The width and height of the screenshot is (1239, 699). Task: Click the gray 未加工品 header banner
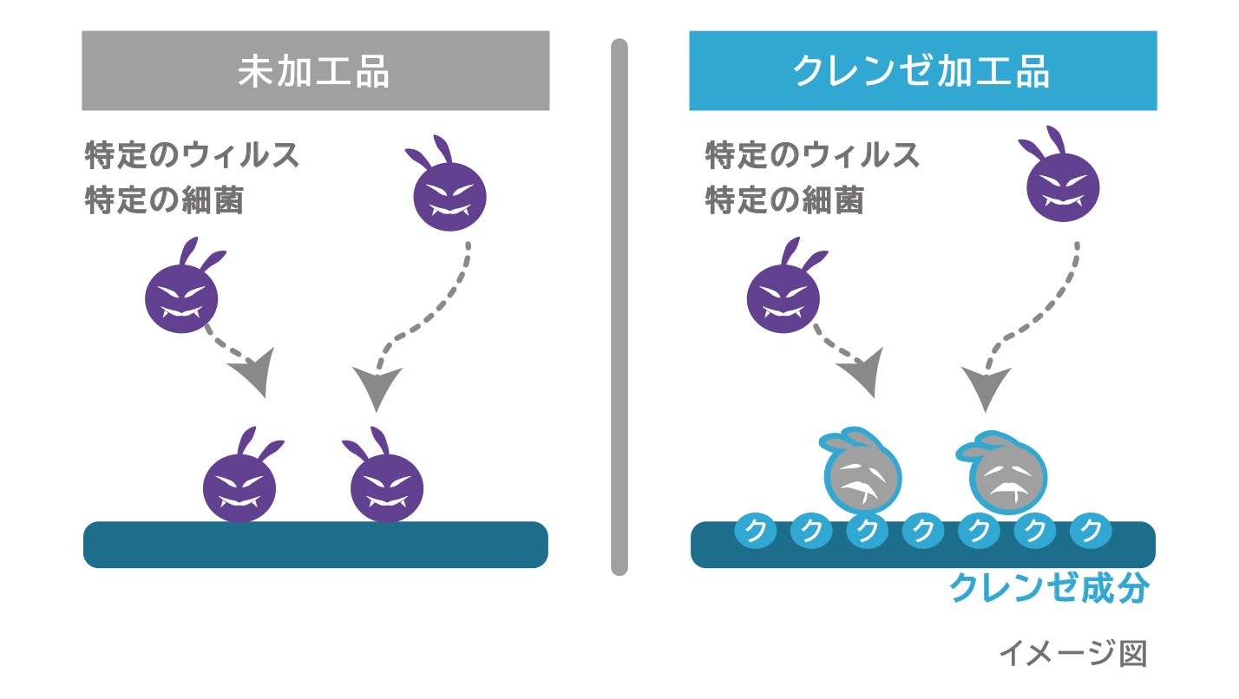(x=315, y=71)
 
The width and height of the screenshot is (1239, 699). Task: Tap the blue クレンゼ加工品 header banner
(x=922, y=71)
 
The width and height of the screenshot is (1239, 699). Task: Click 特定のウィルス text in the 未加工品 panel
(x=192, y=156)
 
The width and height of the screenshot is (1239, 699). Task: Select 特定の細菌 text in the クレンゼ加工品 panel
(x=784, y=201)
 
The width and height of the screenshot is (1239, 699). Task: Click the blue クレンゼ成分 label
(x=1049, y=588)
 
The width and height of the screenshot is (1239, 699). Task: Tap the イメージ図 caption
(x=1072, y=653)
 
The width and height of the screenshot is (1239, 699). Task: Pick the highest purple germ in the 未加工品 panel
(x=449, y=193)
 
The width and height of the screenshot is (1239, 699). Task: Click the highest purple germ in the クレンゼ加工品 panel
(x=1063, y=185)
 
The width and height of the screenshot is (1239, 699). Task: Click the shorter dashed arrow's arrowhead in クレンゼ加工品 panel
(x=862, y=373)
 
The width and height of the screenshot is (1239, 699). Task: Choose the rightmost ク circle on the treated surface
(x=1091, y=530)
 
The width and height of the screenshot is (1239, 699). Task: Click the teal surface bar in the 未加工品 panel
(x=315, y=545)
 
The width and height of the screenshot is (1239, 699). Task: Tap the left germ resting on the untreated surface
(x=239, y=485)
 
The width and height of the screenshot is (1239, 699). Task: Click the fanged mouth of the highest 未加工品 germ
(x=449, y=211)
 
